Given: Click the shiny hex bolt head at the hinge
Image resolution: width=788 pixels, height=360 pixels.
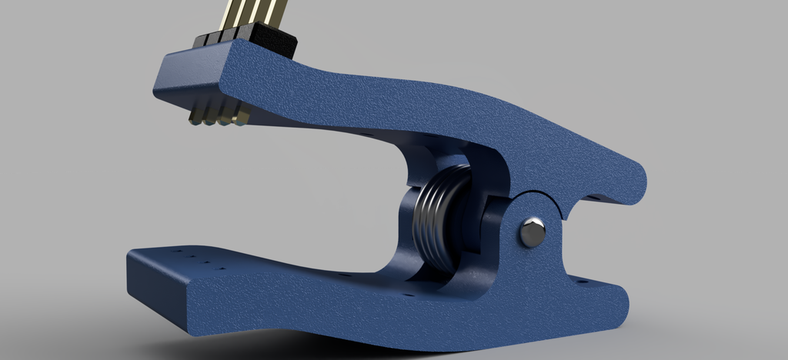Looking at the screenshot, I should (x=532, y=232).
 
